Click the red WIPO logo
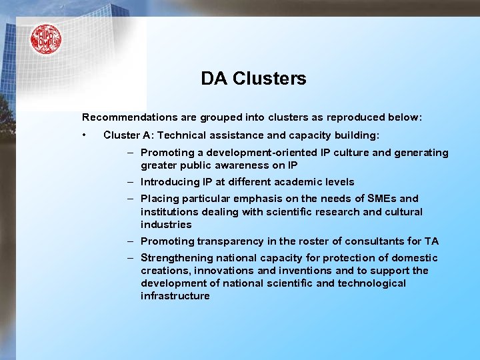(45, 39)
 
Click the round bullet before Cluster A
(85, 135)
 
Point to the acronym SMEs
(383, 199)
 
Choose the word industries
(166, 225)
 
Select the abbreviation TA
(431, 241)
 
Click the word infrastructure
(175, 296)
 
